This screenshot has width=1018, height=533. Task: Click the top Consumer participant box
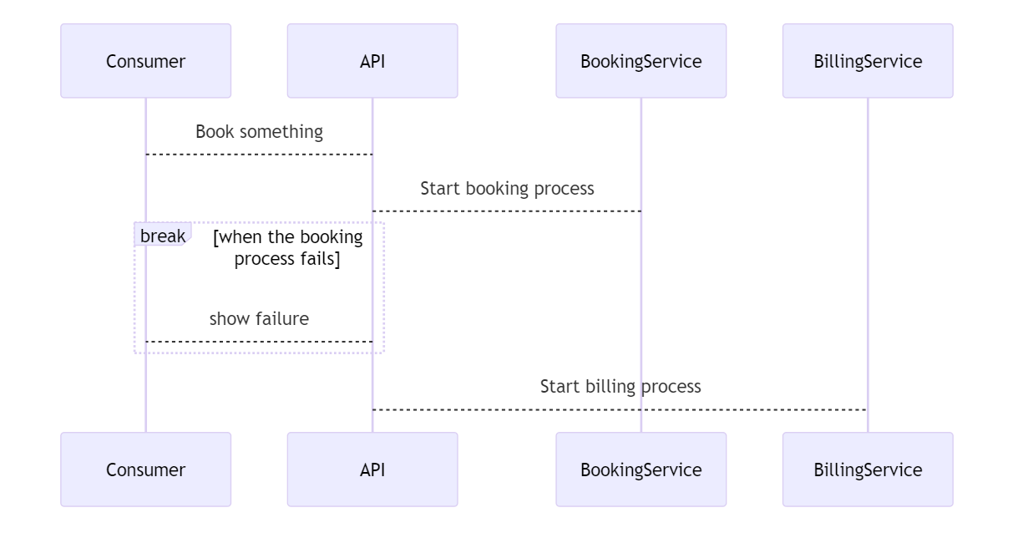(x=145, y=61)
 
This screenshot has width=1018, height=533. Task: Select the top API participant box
(x=372, y=61)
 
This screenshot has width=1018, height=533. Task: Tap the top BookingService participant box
(x=641, y=61)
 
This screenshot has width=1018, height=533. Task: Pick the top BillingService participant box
(x=868, y=61)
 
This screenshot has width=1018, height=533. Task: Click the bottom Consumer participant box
(x=145, y=470)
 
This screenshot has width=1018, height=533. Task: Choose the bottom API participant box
(x=372, y=470)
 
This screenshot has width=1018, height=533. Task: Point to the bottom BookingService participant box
(x=641, y=470)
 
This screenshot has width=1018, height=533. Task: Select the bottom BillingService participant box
(x=868, y=470)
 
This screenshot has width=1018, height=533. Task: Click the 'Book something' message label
(x=259, y=132)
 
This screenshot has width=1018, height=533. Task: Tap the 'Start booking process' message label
(x=507, y=189)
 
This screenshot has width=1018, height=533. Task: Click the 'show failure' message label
(x=259, y=318)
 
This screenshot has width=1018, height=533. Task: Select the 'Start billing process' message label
(x=620, y=387)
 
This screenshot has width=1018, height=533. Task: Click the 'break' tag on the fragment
(x=162, y=236)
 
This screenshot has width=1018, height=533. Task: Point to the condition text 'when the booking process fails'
(x=287, y=248)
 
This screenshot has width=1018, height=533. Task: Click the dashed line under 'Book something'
(x=259, y=155)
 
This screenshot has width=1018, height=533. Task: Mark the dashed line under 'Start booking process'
(x=507, y=211)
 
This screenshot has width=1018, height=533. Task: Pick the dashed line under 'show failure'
(x=259, y=342)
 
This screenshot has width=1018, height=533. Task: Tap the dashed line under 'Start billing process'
(x=620, y=410)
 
